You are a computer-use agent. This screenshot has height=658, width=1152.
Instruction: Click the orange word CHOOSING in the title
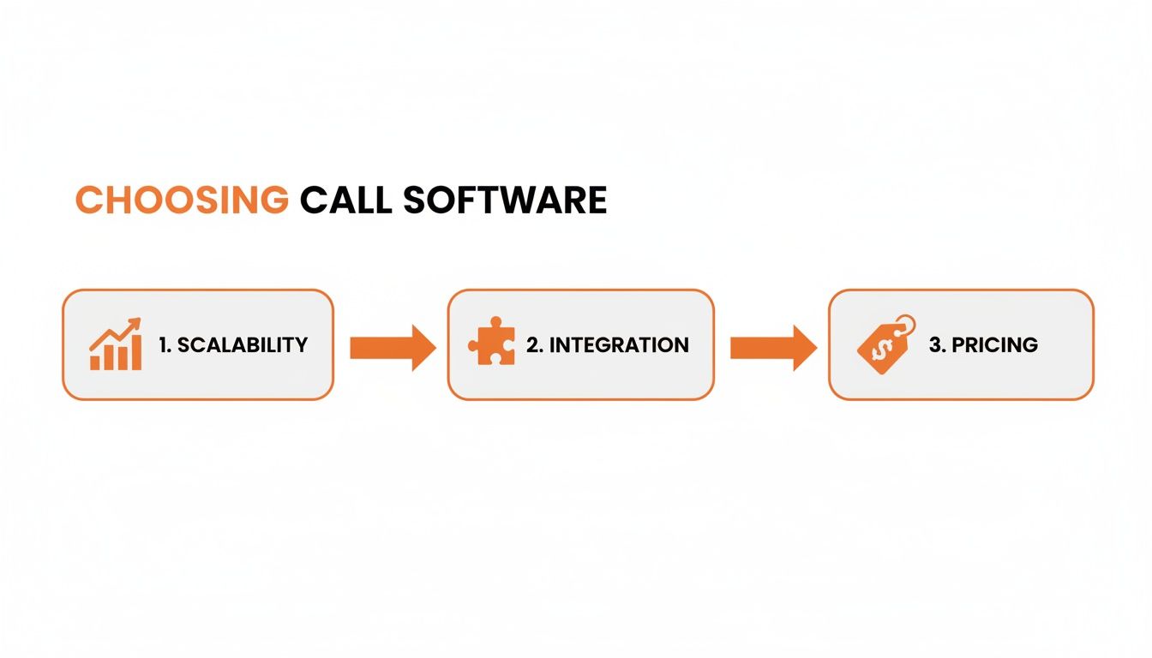[182, 200]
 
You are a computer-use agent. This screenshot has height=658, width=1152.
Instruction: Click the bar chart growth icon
[115, 344]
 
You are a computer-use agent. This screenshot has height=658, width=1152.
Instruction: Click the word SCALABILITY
[243, 345]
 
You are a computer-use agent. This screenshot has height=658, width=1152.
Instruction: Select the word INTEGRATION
[619, 345]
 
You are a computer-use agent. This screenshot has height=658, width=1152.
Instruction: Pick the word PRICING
[994, 345]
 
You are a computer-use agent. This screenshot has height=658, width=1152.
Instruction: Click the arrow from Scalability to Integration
[393, 347]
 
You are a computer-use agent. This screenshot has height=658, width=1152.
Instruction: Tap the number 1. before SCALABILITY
[165, 345]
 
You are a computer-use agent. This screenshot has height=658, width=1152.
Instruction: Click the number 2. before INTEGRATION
[534, 345]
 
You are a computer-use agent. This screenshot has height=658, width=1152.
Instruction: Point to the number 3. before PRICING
[937, 345]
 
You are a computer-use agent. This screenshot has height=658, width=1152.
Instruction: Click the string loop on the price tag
[905, 325]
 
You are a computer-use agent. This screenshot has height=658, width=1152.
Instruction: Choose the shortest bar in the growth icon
[95, 362]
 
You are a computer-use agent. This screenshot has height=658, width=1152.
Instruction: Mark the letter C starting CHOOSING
[88, 200]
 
